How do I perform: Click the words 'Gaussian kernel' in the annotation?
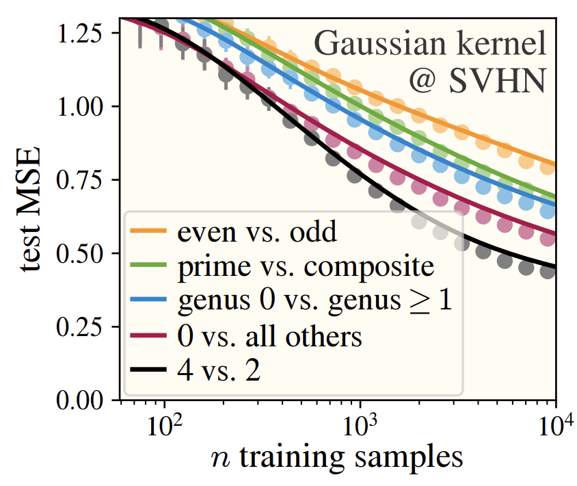pos(431,46)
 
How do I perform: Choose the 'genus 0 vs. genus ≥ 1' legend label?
pos(314,301)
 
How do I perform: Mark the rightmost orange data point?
pos(547,166)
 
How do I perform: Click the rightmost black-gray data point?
pos(547,272)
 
